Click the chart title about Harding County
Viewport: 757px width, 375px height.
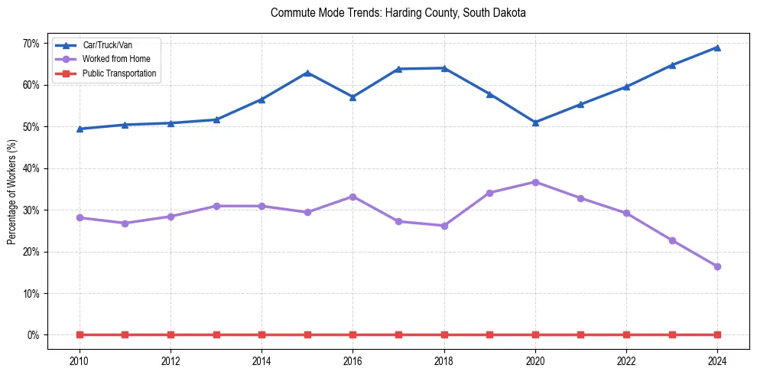398,14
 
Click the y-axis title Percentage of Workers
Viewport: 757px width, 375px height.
12,191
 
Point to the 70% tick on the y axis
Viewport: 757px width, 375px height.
31,44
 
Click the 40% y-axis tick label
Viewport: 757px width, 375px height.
31,168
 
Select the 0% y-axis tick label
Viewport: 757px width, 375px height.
33,335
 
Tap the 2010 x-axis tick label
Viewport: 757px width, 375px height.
80,360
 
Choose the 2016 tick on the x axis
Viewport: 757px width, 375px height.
353,360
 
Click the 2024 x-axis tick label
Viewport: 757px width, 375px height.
717,360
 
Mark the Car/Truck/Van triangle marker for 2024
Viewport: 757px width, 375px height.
717,47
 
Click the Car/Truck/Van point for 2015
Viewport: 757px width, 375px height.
307,73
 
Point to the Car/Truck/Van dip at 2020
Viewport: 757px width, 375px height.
535,122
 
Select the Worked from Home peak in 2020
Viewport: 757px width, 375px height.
535,182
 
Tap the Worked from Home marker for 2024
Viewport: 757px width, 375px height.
717,266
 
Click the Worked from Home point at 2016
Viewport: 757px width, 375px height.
353,197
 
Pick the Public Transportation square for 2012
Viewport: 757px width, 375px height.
171,334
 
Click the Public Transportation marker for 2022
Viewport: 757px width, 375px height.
626,334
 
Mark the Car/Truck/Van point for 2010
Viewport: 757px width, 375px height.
80,129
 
